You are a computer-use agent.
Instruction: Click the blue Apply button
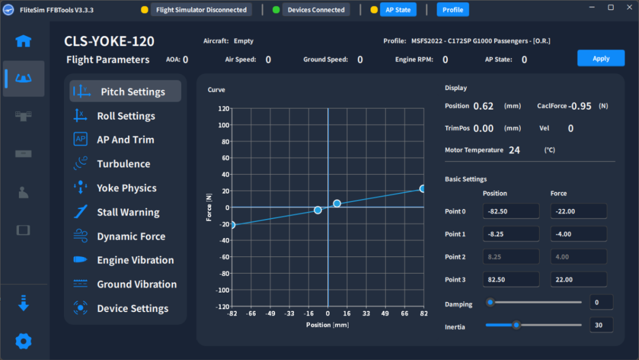(601, 58)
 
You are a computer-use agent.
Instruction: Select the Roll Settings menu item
(125, 116)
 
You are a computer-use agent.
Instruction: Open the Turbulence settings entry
(123, 164)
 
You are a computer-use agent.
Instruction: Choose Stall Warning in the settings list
(128, 212)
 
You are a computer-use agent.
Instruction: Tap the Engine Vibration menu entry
(135, 260)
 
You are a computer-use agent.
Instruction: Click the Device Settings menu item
(133, 308)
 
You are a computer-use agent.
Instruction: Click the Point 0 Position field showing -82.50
(511, 211)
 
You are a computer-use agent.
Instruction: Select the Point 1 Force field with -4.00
(579, 234)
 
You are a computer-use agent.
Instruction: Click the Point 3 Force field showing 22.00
(579, 279)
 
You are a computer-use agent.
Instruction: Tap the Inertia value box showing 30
(601, 325)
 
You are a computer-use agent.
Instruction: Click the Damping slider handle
(490, 302)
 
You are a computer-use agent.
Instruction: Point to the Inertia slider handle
(517, 324)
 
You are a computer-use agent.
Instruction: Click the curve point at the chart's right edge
(423, 188)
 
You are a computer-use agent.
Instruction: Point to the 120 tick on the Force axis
(223, 108)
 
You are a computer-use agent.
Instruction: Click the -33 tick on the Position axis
(289, 314)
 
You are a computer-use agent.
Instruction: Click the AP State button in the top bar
(398, 9)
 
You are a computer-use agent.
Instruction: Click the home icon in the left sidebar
(24, 41)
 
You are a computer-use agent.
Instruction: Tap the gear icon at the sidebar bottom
(24, 341)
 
